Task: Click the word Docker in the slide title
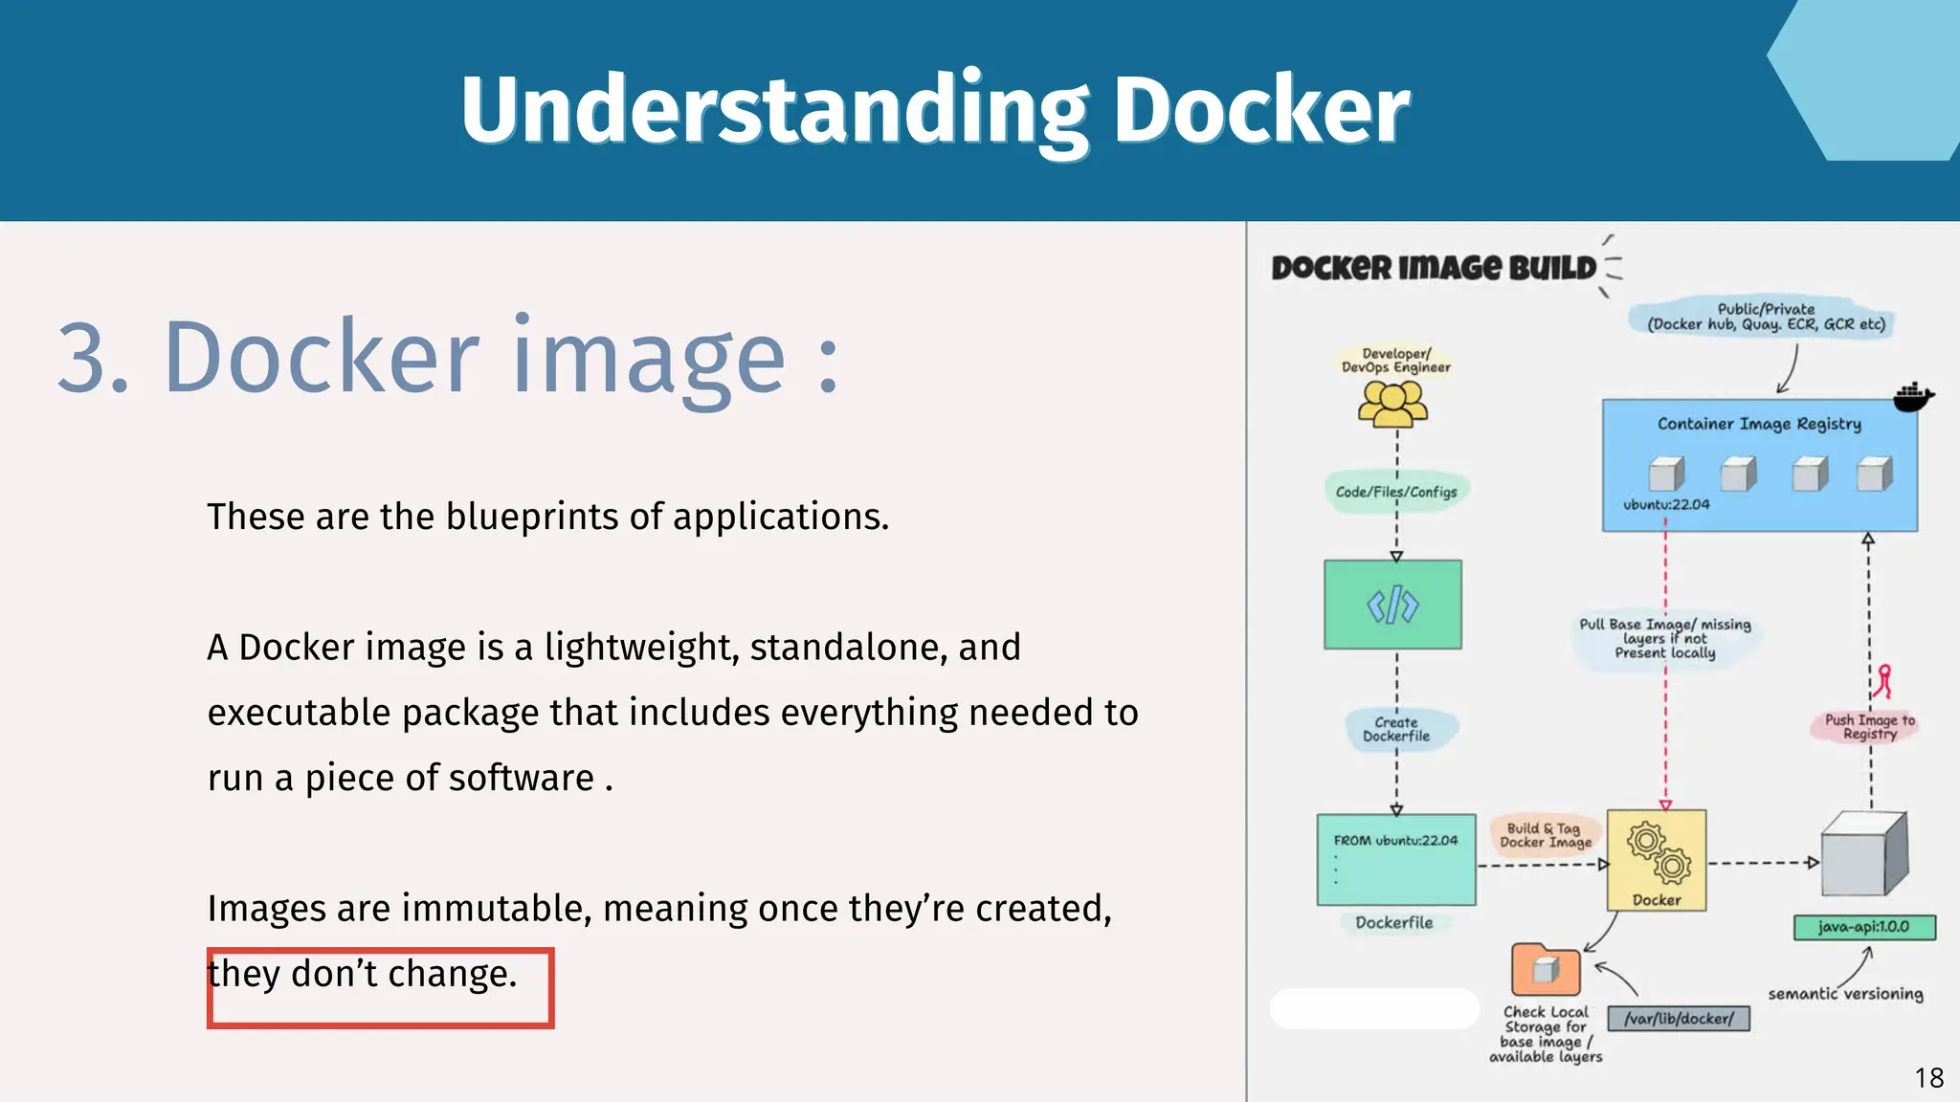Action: (x=1260, y=110)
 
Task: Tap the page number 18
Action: (x=1929, y=1078)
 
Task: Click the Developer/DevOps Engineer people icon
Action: (x=1393, y=404)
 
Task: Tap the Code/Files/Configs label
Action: (x=1396, y=492)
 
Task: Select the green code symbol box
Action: (x=1392, y=605)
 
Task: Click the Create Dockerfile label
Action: (x=1396, y=729)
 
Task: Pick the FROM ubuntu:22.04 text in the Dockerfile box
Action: (x=1395, y=840)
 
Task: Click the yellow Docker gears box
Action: (x=1657, y=858)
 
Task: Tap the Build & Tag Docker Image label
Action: (x=1545, y=835)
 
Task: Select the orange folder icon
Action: (x=1545, y=970)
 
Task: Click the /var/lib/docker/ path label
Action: (x=1679, y=1019)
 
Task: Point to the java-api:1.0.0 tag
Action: (x=1863, y=927)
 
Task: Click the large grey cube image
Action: (x=1863, y=853)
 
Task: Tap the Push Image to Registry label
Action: (x=1869, y=726)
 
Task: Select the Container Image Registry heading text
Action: (x=1759, y=424)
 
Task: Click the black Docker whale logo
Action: (x=1913, y=395)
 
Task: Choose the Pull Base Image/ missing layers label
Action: (x=1665, y=638)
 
